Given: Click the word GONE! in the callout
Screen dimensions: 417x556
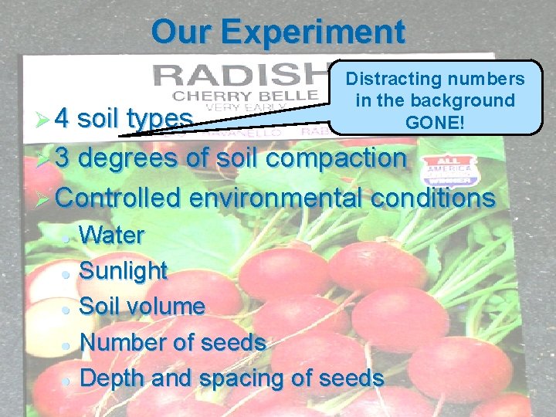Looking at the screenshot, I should pyautogui.click(x=434, y=121).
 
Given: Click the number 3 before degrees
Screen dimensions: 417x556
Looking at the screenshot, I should pyautogui.click(x=63, y=158).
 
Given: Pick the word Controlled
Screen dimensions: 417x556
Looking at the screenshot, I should pyautogui.click(x=119, y=198).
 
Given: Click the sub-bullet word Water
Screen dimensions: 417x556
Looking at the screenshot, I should pyautogui.click(x=112, y=235).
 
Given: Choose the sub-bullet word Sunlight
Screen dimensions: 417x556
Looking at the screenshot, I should pyautogui.click(x=124, y=270).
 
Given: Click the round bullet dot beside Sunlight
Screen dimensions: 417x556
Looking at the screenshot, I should pyautogui.click(x=67, y=273).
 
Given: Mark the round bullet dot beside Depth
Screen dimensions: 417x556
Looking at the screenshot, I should pyautogui.click(x=67, y=380).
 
